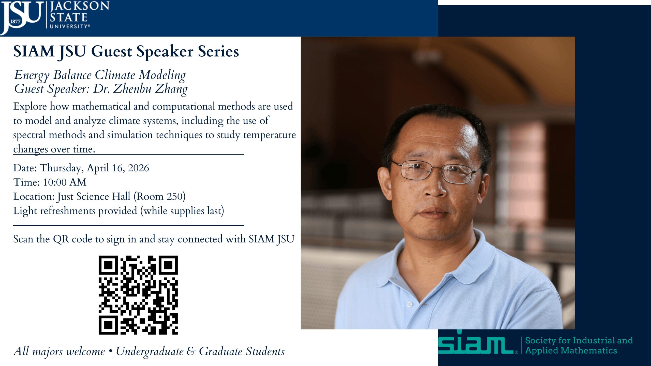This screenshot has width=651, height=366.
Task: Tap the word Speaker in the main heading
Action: (x=165, y=52)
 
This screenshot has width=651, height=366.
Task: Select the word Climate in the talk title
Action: (x=115, y=75)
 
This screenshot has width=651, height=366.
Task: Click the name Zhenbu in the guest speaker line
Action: (x=132, y=89)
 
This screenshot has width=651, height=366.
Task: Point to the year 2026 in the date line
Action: (x=138, y=168)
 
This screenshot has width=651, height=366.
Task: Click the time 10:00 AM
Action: (x=65, y=182)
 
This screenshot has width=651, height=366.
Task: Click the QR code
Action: (x=138, y=295)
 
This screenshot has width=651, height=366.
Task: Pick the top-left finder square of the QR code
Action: (x=108, y=265)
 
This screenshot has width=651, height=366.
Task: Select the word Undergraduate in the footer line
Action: (x=150, y=351)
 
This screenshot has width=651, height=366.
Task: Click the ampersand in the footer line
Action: (x=191, y=351)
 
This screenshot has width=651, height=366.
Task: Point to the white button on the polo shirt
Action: (x=409, y=304)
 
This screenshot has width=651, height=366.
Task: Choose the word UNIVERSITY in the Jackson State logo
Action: (x=69, y=26)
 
